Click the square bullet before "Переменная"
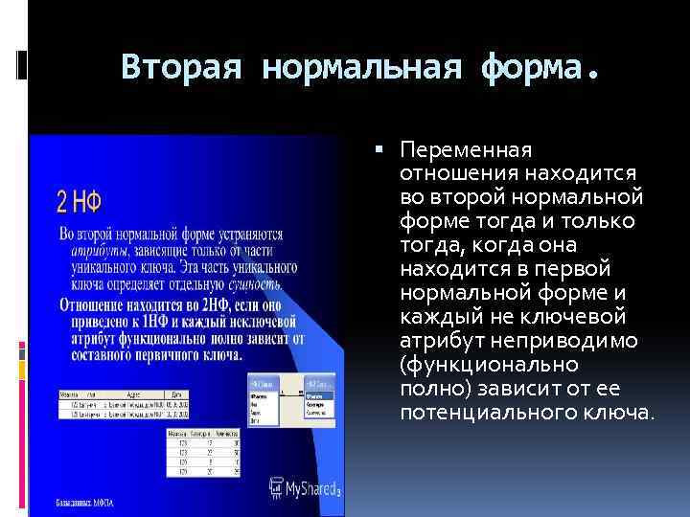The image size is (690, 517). pyautogui.click(x=380, y=150)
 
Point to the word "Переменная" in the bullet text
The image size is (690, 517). pyautogui.click(x=467, y=150)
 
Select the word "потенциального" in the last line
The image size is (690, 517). pyautogui.click(x=473, y=414)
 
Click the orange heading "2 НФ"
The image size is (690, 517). pyautogui.click(x=80, y=202)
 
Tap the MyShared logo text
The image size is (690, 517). pyautogui.click(x=312, y=487)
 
